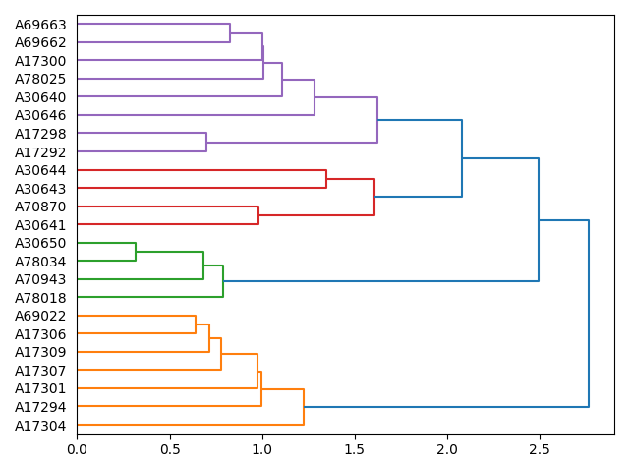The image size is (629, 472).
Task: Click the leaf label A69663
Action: pyautogui.click(x=40, y=25)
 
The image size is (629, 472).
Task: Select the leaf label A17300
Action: pyautogui.click(x=40, y=61)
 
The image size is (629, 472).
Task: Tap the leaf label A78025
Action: pyautogui.click(x=40, y=79)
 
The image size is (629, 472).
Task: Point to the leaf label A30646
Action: pyautogui.click(x=40, y=115)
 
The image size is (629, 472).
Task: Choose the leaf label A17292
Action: pyautogui.click(x=40, y=151)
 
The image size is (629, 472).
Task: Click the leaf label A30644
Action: pyautogui.click(x=40, y=170)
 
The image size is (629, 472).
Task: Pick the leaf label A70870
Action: pyautogui.click(x=40, y=206)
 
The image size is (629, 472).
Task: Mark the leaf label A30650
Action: pyautogui.click(x=40, y=243)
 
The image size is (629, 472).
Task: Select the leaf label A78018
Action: pyautogui.click(x=40, y=297)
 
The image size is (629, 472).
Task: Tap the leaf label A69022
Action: pyautogui.click(x=40, y=316)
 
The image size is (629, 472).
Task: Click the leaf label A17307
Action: pyautogui.click(x=40, y=370)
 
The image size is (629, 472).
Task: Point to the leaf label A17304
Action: pyautogui.click(x=40, y=425)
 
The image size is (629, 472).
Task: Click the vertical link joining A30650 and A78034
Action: pyautogui.click(x=136, y=252)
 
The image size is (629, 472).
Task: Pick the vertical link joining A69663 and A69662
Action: pyautogui.click(x=230, y=33)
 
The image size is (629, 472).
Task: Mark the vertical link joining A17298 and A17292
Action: pyautogui.click(x=206, y=143)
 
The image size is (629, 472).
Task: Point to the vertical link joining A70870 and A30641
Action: pyautogui.click(x=258, y=215)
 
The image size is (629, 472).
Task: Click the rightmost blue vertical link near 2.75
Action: pyautogui.click(x=589, y=314)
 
